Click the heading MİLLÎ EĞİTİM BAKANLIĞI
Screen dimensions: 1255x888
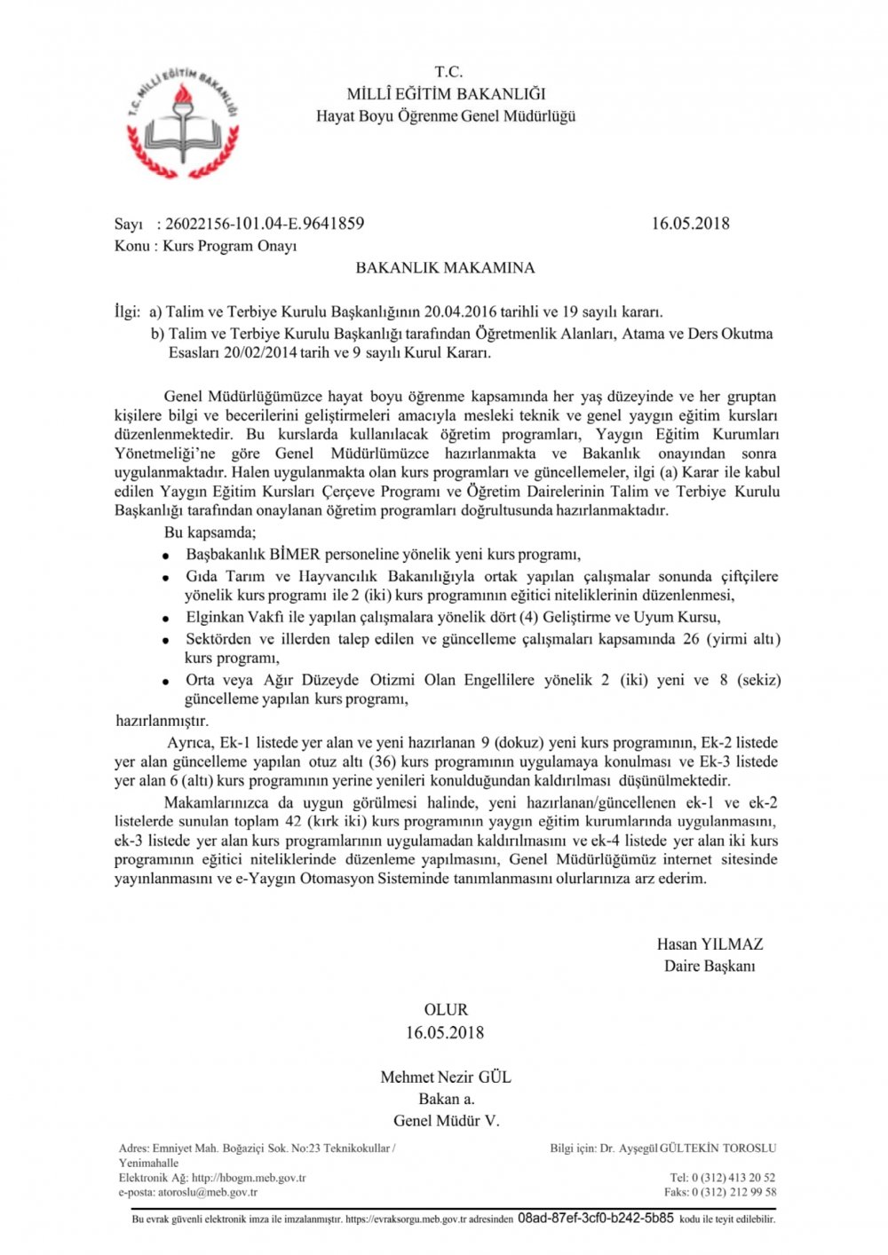pos(446,94)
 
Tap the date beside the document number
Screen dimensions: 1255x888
pos(690,224)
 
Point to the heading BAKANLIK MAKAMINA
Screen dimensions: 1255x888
pos(445,267)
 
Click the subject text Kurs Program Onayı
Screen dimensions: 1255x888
pos(229,246)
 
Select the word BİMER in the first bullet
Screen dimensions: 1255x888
pos(295,555)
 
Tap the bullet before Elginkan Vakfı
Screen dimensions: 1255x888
pos(165,619)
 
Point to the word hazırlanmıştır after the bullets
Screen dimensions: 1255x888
pos(163,721)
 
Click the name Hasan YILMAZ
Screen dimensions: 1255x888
pos(710,944)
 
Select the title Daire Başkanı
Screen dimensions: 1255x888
pos(710,966)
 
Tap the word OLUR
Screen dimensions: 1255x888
pos(445,1010)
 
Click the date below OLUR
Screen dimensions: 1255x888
pos(445,1032)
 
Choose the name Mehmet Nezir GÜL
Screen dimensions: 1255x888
pos(445,1077)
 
